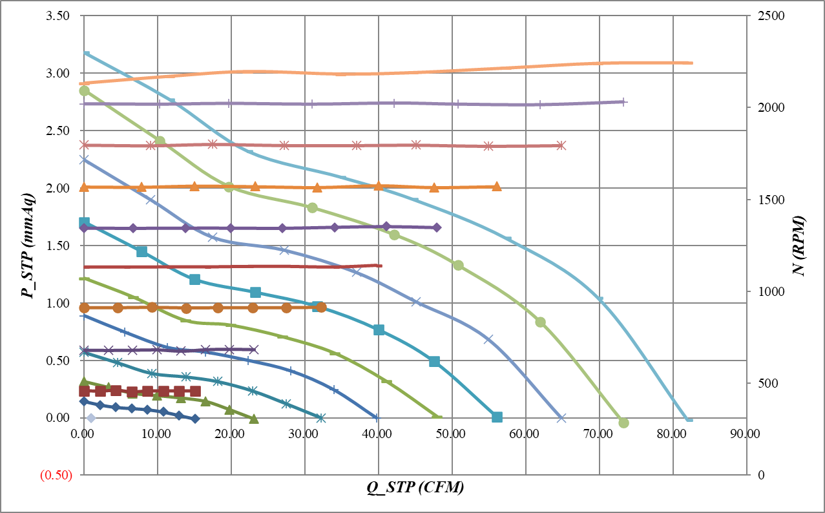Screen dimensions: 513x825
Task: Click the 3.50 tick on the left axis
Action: (x=59, y=16)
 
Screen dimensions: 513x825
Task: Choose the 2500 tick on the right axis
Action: (x=767, y=16)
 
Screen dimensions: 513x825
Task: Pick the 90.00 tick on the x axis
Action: (x=746, y=432)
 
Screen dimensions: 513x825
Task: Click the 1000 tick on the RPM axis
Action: (x=767, y=291)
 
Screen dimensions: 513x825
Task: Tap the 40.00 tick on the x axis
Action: (x=378, y=432)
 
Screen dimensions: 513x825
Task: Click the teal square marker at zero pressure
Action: (x=497, y=417)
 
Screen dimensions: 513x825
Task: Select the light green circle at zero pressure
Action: (x=623, y=423)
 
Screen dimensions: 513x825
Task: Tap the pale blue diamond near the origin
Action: (x=91, y=418)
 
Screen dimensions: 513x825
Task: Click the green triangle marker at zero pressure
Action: (x=254, y=419)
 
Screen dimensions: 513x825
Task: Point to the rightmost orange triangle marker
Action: (x=496, y=187)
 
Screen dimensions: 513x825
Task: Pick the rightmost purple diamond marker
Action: (x=437, y=227)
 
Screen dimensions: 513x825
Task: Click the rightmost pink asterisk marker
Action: (x=561, y=145)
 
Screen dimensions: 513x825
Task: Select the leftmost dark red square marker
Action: (x=84, y=391)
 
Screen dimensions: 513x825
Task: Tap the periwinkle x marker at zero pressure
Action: (x=561, y=418)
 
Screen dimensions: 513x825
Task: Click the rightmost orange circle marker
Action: (x=321, y=308)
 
